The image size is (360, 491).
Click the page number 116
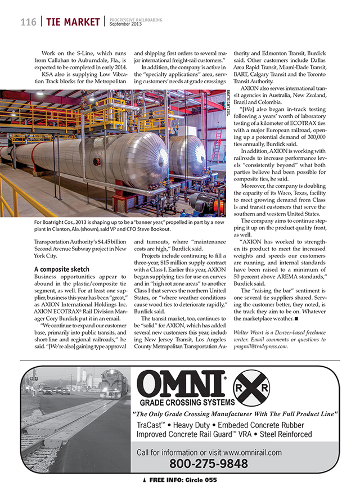tap(28, 22)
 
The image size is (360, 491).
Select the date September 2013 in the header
tap(125, 25)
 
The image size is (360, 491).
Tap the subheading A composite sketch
tap(61, 269)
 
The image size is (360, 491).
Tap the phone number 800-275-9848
tap(209, 463)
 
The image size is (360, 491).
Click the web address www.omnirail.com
tap(252, 452)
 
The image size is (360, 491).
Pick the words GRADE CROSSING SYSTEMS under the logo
tap(187, 403)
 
